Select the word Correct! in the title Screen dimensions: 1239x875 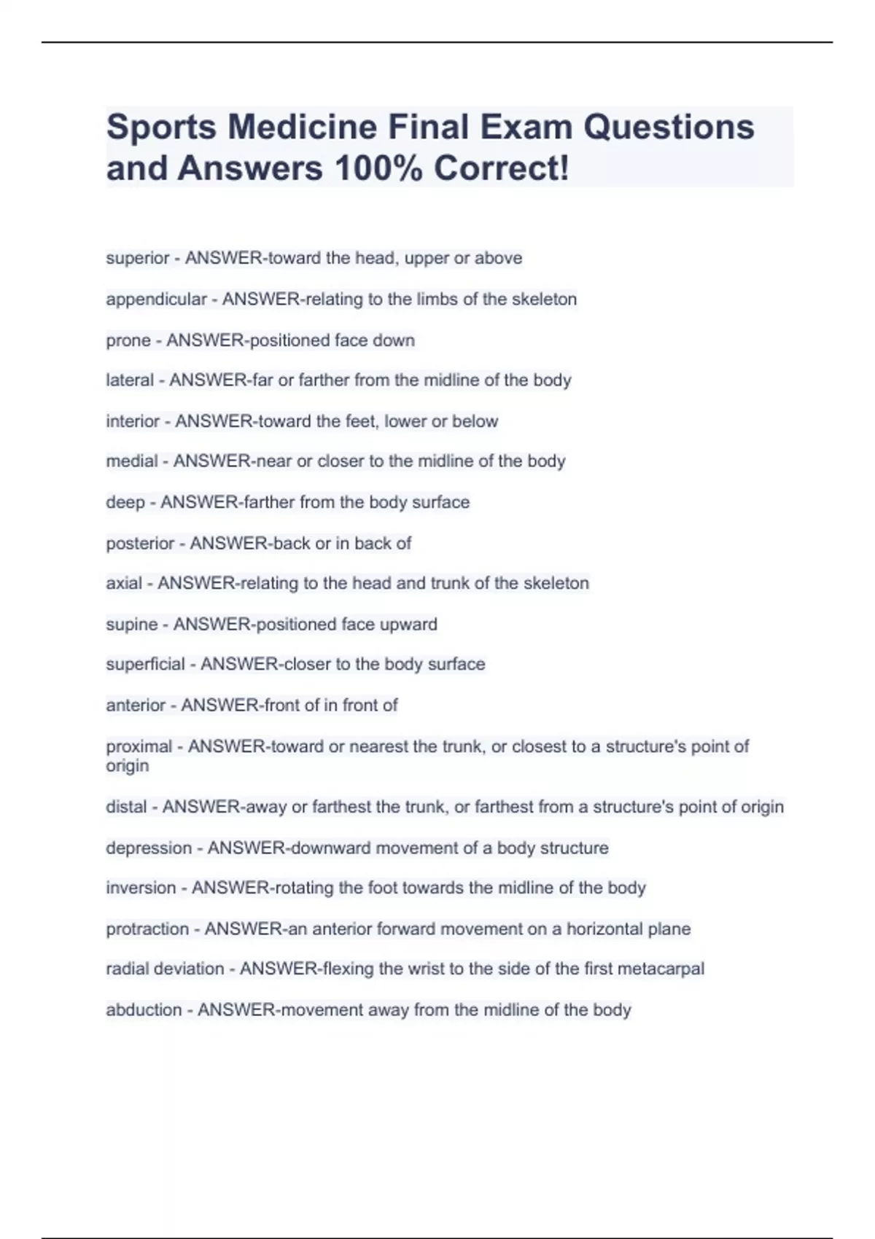click(x=501, y=168)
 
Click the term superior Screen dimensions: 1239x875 click(x=138, y=258)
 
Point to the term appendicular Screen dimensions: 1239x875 click(x=157, y=299)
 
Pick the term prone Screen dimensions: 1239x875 click(x=128, y=340)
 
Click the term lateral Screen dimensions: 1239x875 click(x=130, y=380)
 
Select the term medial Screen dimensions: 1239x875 click(x=132, y=461)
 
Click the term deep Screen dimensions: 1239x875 click(x=125, y=502)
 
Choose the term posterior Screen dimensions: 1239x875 click(x=140, y=543)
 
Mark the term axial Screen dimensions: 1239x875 click(x=124, y=583)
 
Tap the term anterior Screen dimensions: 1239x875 click(x=136, y=706)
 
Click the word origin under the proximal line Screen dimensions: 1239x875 click(x=128, y=766)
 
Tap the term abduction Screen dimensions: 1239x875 click(x=144, y=1010)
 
